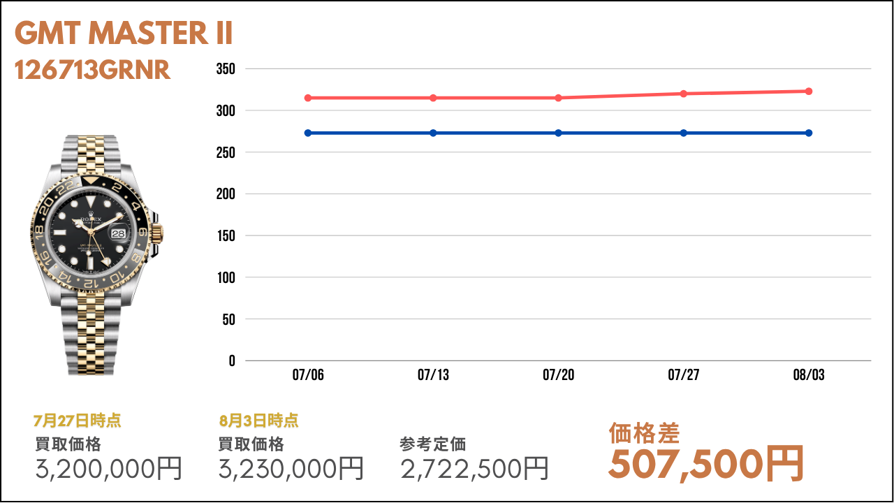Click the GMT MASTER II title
coord(124,34)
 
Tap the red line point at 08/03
coord(809,92)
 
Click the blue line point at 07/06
coord(308,133)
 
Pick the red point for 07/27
coord(684,94)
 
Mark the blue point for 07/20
coord(559,133)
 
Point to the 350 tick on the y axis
coord(226,69)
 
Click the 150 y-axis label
coord(226,236)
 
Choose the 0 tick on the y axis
coord(232,361)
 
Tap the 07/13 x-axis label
coord(433,376)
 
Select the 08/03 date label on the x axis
coord(809,376)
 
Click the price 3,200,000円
coord(108,469)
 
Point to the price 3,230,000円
coord(291,469)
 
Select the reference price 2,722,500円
coord(474,469)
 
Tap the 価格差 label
coord(644,433)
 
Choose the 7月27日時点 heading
coord(77,421)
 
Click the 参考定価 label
coord(433,444)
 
